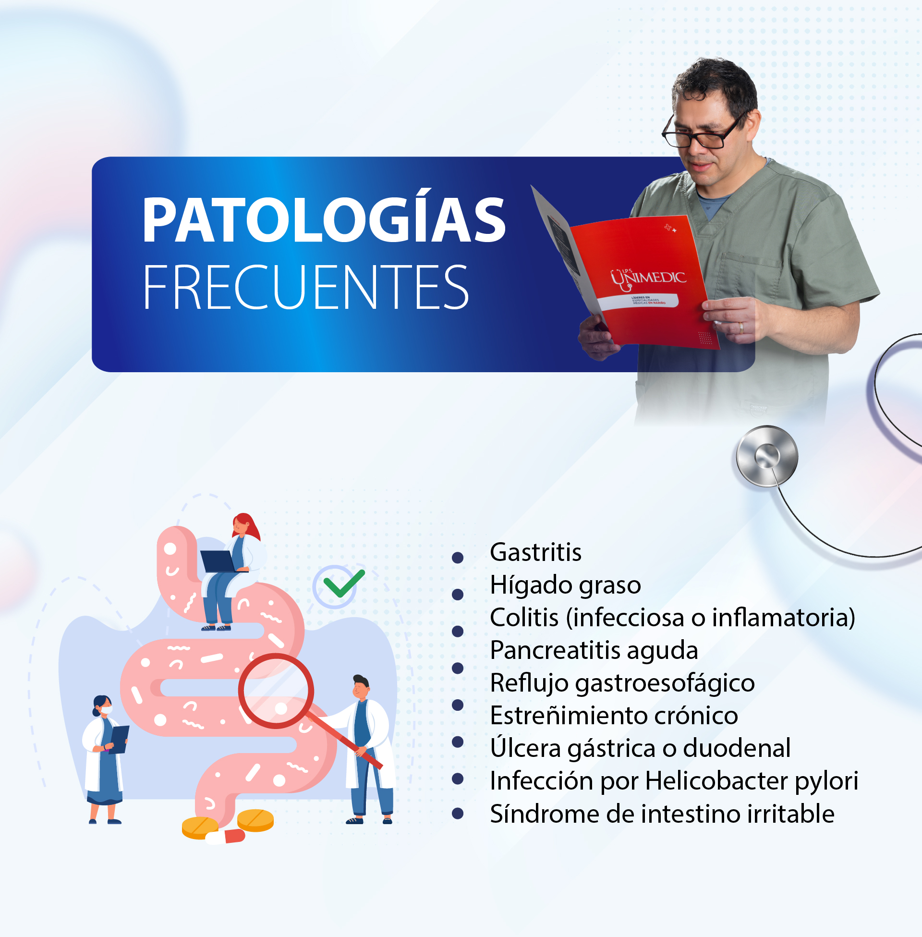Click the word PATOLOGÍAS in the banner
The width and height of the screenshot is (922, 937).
(x=324, y=220)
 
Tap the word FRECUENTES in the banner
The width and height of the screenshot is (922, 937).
(x=305, y=287)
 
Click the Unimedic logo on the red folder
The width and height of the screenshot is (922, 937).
(x=647, y=279)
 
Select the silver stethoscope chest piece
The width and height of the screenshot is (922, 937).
(x=766, y=456)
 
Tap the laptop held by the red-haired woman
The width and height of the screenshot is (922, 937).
(x=218, y=562)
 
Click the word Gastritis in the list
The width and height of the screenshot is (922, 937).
(x=535, y=552)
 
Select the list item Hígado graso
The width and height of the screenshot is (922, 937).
(x=565, y=585)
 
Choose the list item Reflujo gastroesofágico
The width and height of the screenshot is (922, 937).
(x=622, y=683)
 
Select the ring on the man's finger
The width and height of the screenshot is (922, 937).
(x=741, y=328)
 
